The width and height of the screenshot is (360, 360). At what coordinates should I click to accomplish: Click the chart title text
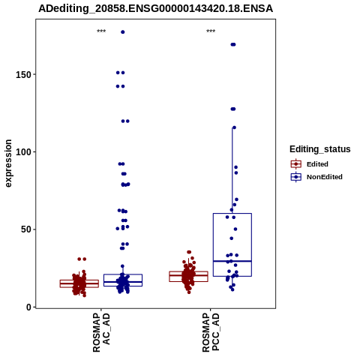pos(155,8)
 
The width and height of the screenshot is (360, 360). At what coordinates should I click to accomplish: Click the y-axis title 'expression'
pos(8,163)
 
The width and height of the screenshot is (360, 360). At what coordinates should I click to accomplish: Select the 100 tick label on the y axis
pos(24,152)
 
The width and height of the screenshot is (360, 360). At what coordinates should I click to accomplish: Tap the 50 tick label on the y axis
pos(26,229)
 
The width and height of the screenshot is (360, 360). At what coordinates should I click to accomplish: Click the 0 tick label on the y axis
pos(29,307)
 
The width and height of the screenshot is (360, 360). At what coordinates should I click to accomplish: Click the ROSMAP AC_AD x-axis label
pos(101,332)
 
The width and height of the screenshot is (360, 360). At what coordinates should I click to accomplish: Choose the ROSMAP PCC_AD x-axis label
pos(211,332)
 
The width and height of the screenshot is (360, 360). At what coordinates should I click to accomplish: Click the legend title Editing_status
pos(320,149)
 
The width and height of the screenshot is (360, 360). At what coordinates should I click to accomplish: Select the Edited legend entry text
pos(317,164)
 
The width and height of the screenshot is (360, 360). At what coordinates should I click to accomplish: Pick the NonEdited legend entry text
pos(325,177)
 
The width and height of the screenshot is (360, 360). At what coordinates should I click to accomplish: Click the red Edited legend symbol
pos(296,164)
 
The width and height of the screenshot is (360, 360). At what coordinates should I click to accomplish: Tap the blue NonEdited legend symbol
pos(296,177)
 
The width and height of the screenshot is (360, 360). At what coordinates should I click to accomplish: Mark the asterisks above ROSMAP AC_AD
pos(101,31)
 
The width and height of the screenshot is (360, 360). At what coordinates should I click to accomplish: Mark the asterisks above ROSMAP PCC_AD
pos(211,31)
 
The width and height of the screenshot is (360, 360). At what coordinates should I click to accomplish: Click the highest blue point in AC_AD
pos(123,32)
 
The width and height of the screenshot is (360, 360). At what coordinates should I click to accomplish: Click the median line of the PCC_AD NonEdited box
pos(232,261)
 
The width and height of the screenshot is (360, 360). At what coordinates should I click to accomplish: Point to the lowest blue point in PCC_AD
pos(232,289)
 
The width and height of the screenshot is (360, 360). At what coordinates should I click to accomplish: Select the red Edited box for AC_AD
pos(79,283)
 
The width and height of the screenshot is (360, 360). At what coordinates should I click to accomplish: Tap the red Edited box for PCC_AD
pos(189,277)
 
